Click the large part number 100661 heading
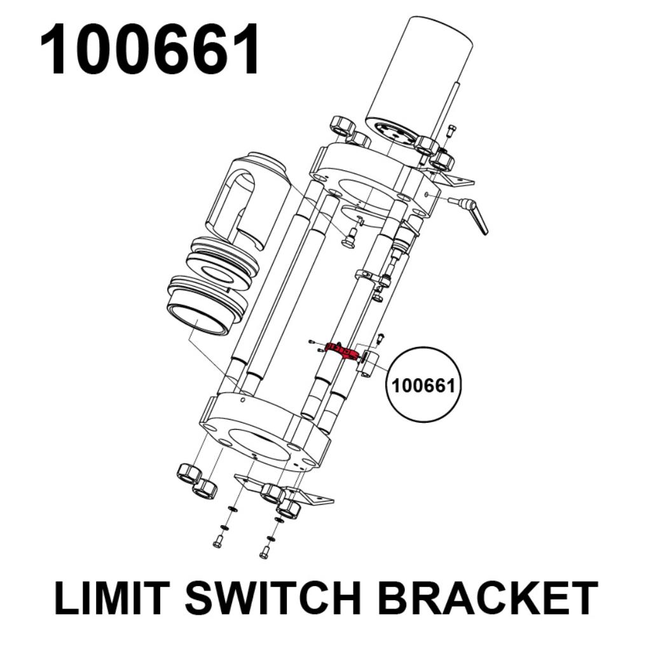point(150,49)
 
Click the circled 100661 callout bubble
point(423,385)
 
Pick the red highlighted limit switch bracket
point(342,351)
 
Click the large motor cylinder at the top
point(420,83)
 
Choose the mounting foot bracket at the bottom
point(284,490)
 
